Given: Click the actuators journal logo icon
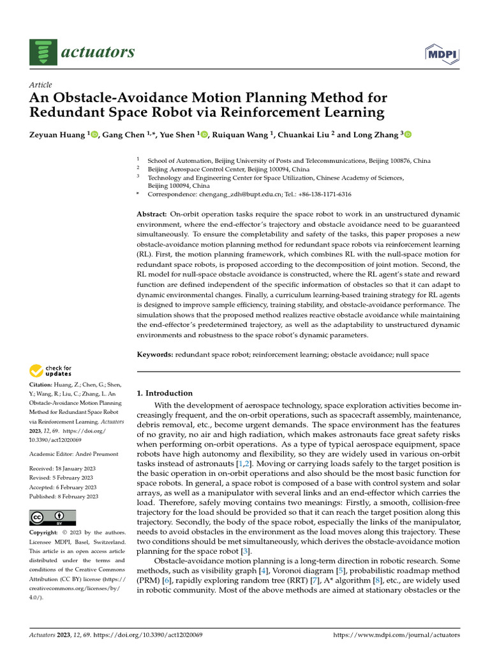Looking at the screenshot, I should (40, 52).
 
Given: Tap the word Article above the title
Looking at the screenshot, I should (41, 85).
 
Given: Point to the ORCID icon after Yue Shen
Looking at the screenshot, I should (204, 134).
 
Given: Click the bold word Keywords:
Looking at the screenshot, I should (155, 353).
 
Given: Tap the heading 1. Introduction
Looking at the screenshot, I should (165, 393).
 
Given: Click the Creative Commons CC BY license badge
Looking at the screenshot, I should (52, 517).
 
